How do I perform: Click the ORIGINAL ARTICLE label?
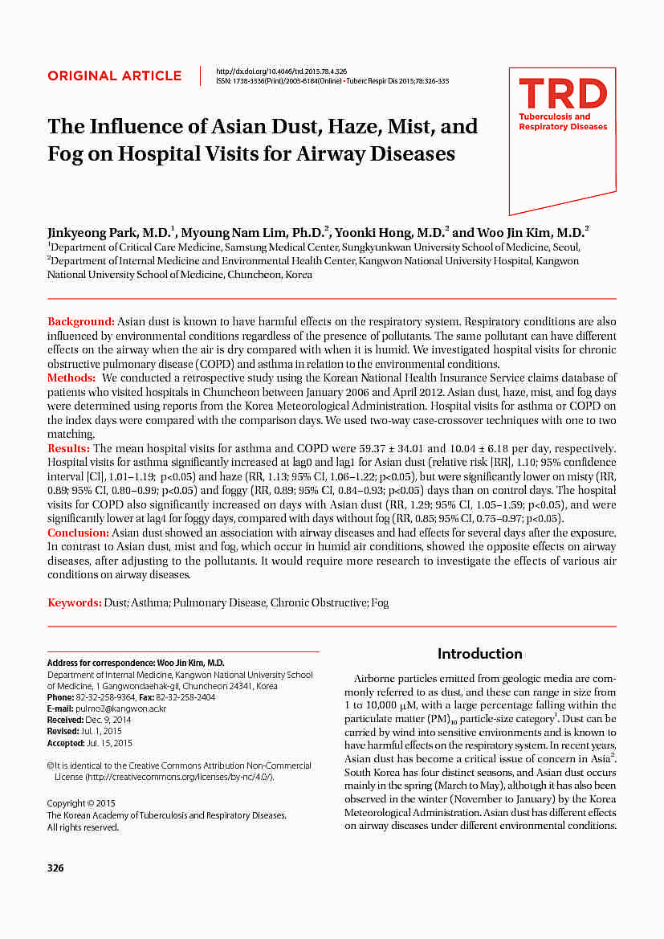click(x=114, y=76)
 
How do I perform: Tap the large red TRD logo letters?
click(x=562, y=95)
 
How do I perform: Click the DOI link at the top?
click(x=282, y=71)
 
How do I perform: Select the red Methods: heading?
click(x=71, y=378)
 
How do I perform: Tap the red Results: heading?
click(x=69, y=448)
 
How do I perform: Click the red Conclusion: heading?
click(x=78, y=533)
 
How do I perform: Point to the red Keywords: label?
click(x=74, y=602)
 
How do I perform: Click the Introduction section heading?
click(x=479, y=654)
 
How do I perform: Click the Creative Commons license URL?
click(x=180, y=778)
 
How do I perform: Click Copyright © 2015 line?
click(x=82, y=803)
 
